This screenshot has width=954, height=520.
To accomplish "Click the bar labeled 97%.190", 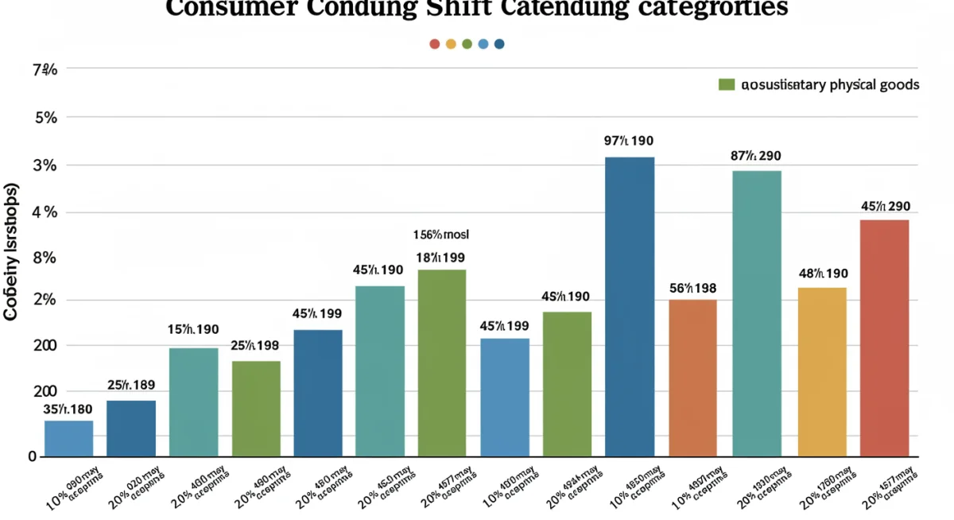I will click(x=630, y=307).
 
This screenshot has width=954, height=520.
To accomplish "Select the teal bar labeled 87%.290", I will click(x=756, y=313).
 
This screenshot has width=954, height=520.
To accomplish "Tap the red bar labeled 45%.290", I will click(x=884, y=338).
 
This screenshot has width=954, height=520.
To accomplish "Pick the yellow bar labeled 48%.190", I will click(x=822, y=372).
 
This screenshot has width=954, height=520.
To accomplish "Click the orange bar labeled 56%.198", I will click(x=692, y=378).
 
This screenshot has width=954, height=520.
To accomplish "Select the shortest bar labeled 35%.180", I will click(x=68, y=438).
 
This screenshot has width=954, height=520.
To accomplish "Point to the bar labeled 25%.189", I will click(x=131, y=428).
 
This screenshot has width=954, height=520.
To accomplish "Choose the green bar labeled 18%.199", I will click(x=442, y=363).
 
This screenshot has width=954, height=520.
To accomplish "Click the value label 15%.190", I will click(x=193, y=329).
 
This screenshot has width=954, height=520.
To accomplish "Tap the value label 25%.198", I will click(x=254, y=345).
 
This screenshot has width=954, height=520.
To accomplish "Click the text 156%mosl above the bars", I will click(x=441, y=235).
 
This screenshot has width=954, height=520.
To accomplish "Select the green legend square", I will click(x=725, y=84).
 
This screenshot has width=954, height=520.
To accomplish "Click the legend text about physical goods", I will click(x=829, y=84).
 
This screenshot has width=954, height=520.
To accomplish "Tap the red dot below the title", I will click(x=434, y=44).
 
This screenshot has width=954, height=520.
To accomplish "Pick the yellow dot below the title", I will click(x=451, y=44).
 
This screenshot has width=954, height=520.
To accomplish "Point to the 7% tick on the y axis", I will click(x=45, y=71).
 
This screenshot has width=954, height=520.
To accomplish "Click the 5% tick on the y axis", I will click(x=46, y=118).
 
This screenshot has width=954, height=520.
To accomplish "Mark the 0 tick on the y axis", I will click(x=33, y=456).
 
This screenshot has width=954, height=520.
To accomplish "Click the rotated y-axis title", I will click(x=11, y=252).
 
